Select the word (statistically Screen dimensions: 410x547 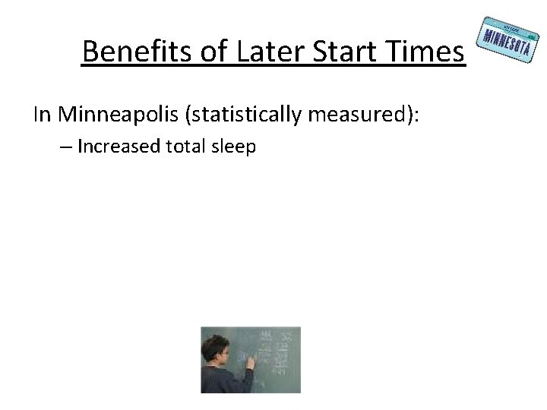[x=241, y=115]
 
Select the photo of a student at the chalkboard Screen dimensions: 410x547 [x=251, y=359]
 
